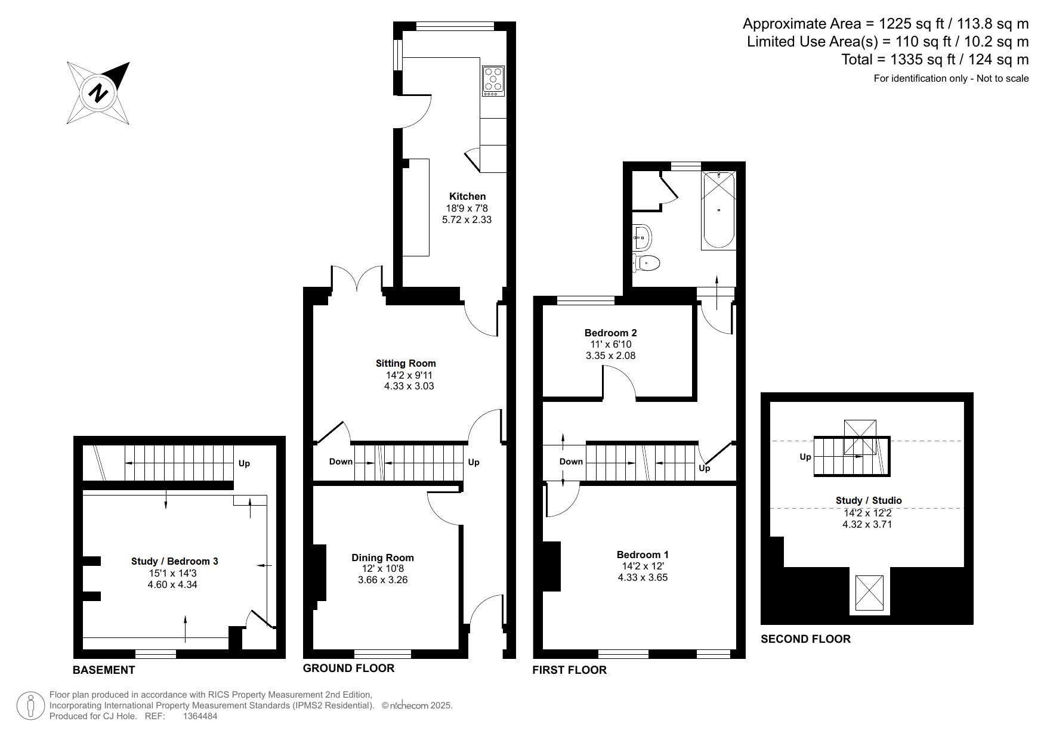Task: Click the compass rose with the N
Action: [x=98, y=93]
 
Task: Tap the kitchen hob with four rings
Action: [x=493, y=81]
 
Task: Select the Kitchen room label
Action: [x=467, y=196]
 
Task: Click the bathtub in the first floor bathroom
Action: [x=718, y=210]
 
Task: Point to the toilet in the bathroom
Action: [x=646, y=262]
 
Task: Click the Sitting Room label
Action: [x=406, y=363]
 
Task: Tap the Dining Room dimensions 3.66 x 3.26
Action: [x=382, y=580]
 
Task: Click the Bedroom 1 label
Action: [x=643, y=555]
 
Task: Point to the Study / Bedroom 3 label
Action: [x=175, y=561]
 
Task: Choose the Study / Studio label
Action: [x=869, y=500]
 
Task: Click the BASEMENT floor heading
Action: [x=104, y=670]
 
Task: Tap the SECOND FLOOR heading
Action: [x=805, y=639]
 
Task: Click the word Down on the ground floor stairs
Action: [x=341, y=462]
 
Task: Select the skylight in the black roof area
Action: [x=870, y=593]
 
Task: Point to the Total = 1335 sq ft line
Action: [x=935, y=60]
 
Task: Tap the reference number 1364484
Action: [x=200, y=716]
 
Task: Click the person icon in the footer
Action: [x=30, y=705]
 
